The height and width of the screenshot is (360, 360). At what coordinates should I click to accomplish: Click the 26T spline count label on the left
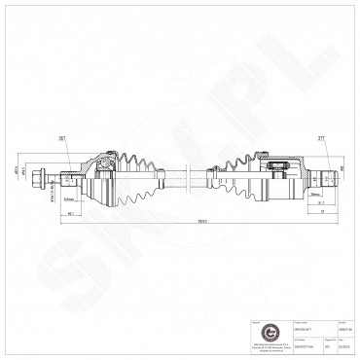61,139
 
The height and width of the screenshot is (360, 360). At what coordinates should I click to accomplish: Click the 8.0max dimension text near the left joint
69,198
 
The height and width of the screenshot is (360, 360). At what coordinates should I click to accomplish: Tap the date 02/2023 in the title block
342,344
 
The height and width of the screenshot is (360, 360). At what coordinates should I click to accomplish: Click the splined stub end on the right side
329,178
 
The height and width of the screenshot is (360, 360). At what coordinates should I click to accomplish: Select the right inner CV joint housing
282,175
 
